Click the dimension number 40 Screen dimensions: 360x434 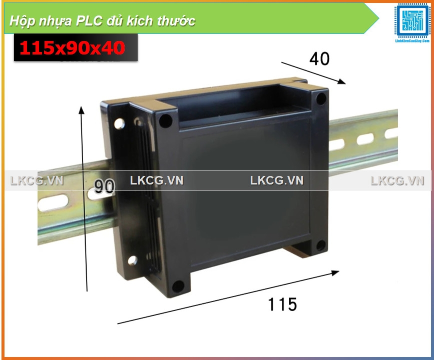coord(319,59)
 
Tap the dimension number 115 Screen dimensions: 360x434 coord(282,304)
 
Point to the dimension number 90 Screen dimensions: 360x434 coord(105,186)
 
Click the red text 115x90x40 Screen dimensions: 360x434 coord(72,48)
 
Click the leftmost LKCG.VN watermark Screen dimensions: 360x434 coord(37,180)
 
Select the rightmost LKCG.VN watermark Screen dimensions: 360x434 coord(397,180)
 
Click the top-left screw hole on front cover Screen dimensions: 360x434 coord(165,120)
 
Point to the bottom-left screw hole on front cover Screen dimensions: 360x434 coord(177,286)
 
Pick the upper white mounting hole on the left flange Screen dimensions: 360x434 coord(120,122)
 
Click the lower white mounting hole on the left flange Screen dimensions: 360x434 coord(133,260)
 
